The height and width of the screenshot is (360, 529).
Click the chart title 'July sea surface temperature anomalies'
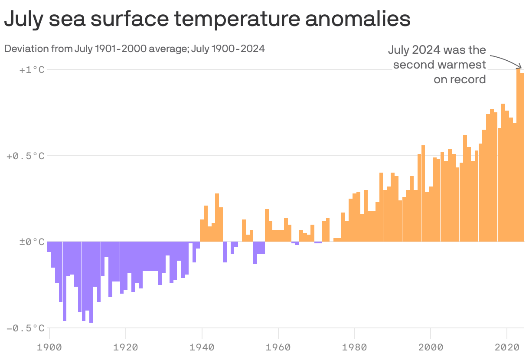(x=207, y=20)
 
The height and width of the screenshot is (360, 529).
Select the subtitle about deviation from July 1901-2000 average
(x=134, y=49)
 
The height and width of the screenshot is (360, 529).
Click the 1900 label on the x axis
(x=49, y=347)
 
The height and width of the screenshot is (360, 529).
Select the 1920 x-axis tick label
(x=126, y=347)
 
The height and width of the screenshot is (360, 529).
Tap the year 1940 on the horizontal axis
(x=202, y=347)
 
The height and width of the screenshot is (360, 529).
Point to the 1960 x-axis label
(x=278, y=347)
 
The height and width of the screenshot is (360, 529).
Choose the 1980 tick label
(x=354, y=347)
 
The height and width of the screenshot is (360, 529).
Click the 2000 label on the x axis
(x=431, y=347)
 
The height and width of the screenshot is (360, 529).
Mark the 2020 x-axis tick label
(x=507, y=347)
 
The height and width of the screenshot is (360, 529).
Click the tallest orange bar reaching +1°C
(x=519, y=156)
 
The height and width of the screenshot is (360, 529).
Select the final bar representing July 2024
(x=522, y=158)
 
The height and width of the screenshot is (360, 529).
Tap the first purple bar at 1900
(x=49, y=246)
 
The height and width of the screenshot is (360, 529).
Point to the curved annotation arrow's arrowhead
(x=519, y=68)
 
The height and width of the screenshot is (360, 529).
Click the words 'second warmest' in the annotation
(x=439, y=65)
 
